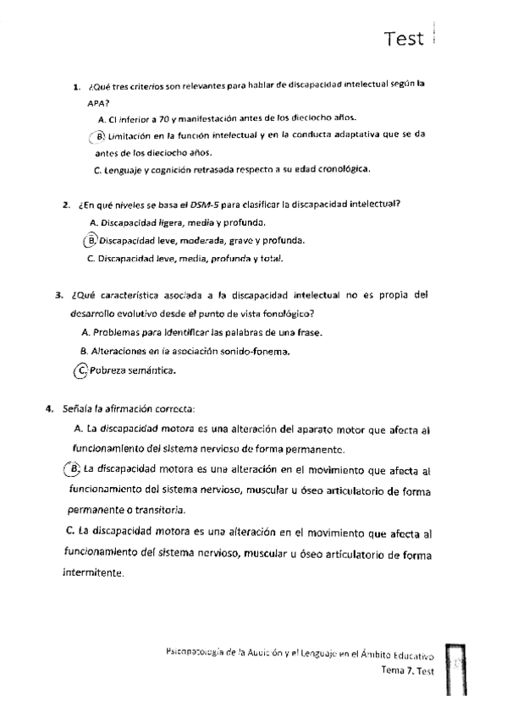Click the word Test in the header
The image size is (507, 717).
click(403, 39)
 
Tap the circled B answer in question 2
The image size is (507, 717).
click(91, 240)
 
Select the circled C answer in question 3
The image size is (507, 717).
click(81, 369)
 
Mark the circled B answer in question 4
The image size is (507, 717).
click(74, 469)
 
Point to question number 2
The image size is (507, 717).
click(64, 203)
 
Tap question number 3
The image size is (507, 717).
click(58, 296)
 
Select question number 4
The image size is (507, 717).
click(49, 409)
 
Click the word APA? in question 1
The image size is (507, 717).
click(97, 102)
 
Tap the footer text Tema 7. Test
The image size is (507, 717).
click(408, 670)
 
